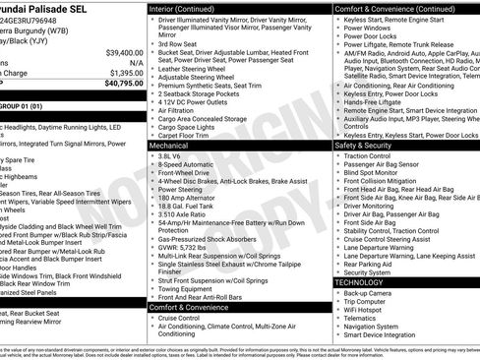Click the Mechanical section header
click(169, 145)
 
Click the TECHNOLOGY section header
click(360, 282)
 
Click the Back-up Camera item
click(369, 292)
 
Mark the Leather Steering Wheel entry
click(196, 69)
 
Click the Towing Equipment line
click(191, 289)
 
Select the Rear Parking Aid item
click(368, 264)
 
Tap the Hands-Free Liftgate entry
click(374, 102)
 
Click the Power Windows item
click(367, 27)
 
